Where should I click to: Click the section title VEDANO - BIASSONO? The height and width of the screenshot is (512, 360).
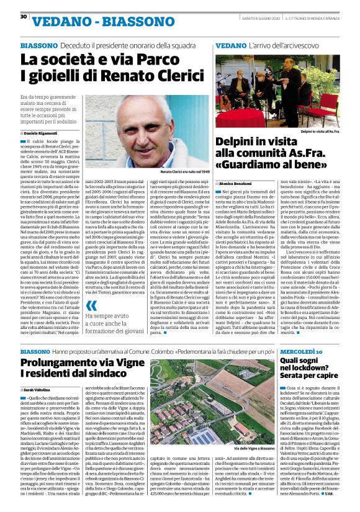pyautogui.click(x=100, y=23)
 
